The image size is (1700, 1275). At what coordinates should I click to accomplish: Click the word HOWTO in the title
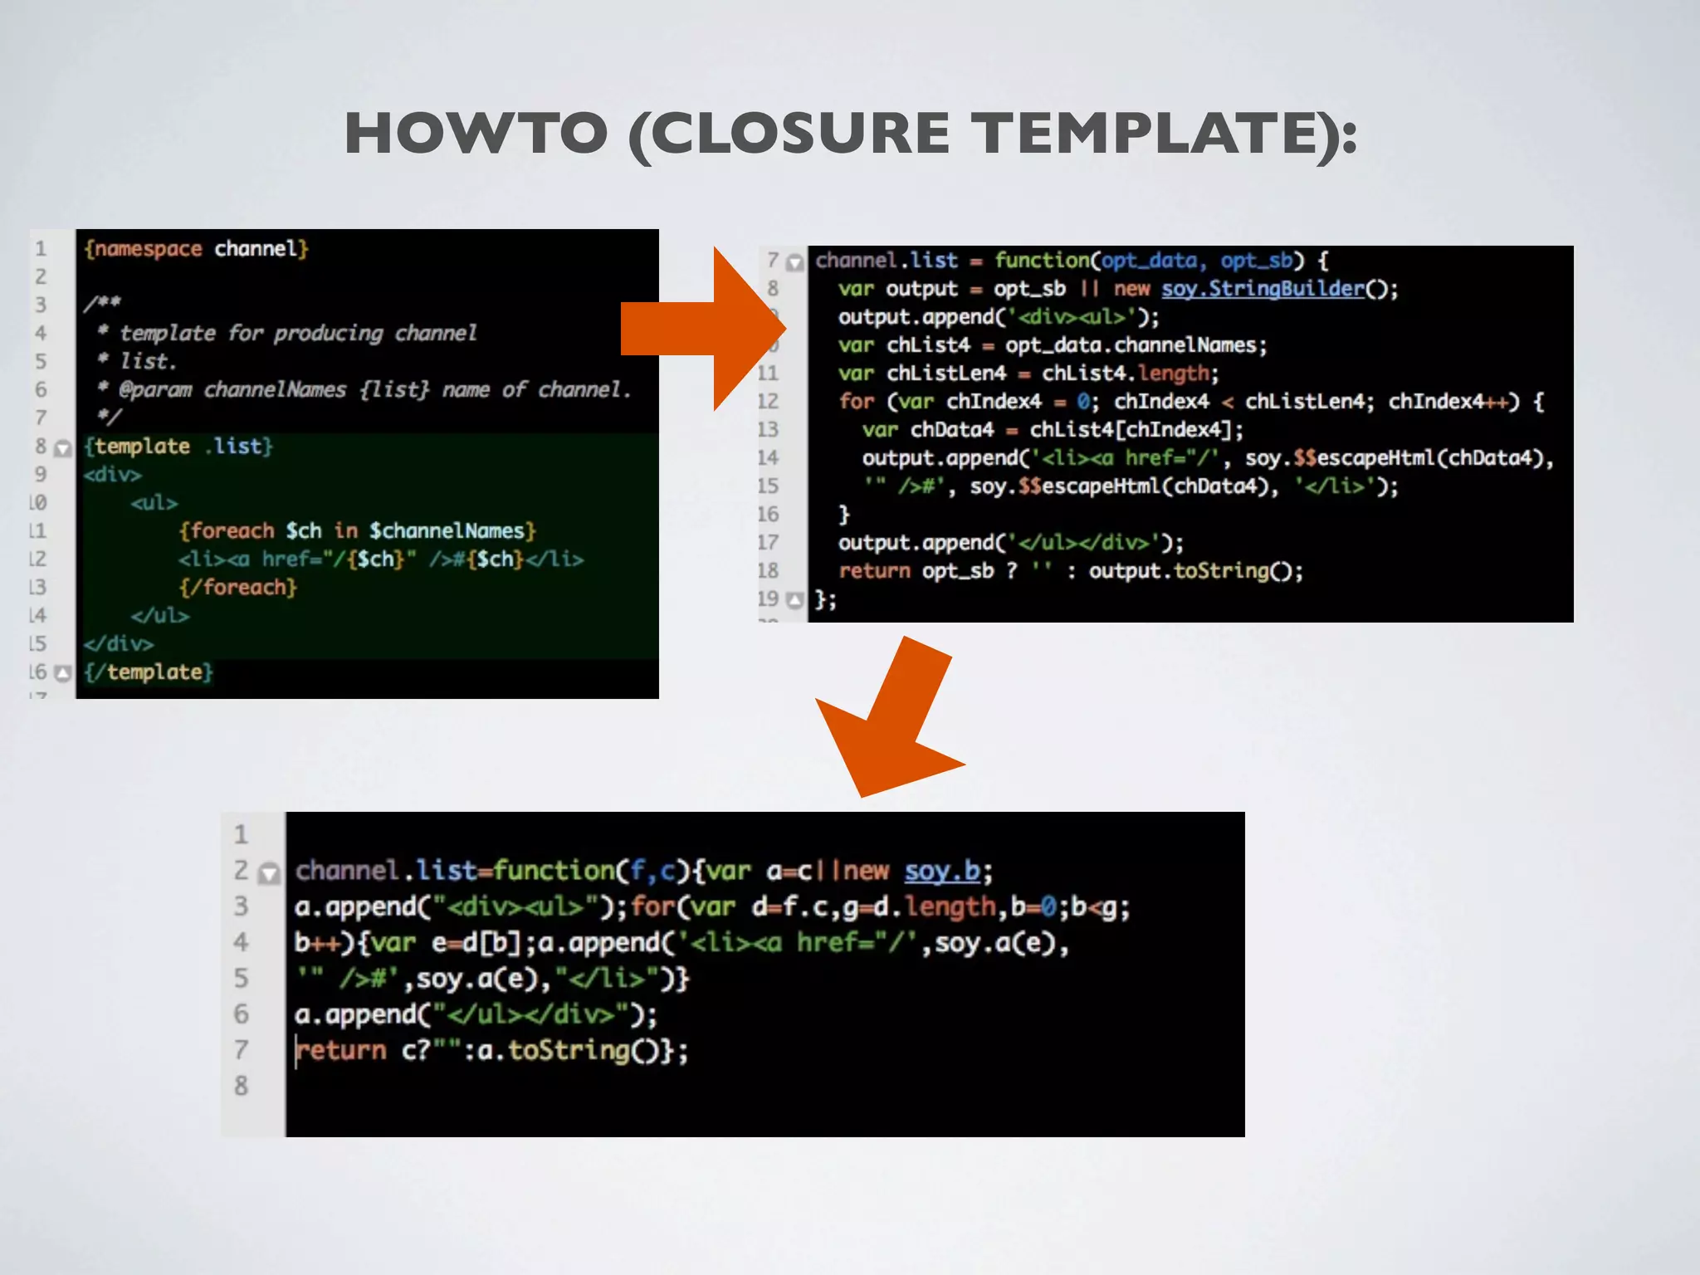(476, 133)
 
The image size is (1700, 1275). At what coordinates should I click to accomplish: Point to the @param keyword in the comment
(155, 389)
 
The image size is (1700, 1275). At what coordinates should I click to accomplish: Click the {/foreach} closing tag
(238, 588)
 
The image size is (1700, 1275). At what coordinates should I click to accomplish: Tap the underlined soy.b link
(941, 871)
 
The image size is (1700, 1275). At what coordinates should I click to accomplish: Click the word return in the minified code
(342, 1051)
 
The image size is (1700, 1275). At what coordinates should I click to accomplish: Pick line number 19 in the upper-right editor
(768, 598)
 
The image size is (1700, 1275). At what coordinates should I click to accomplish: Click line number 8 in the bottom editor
(241, 1086)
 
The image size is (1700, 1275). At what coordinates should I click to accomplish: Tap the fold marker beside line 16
(63, 672)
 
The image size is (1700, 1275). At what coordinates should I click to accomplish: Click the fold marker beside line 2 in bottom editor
(269, 872)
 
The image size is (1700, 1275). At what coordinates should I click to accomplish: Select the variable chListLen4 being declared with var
(945, 374)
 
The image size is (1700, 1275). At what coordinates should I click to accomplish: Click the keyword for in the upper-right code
(856, 402)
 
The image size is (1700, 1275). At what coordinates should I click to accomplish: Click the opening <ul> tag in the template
(154, 503)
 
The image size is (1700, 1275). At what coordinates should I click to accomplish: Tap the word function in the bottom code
(554, 871)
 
